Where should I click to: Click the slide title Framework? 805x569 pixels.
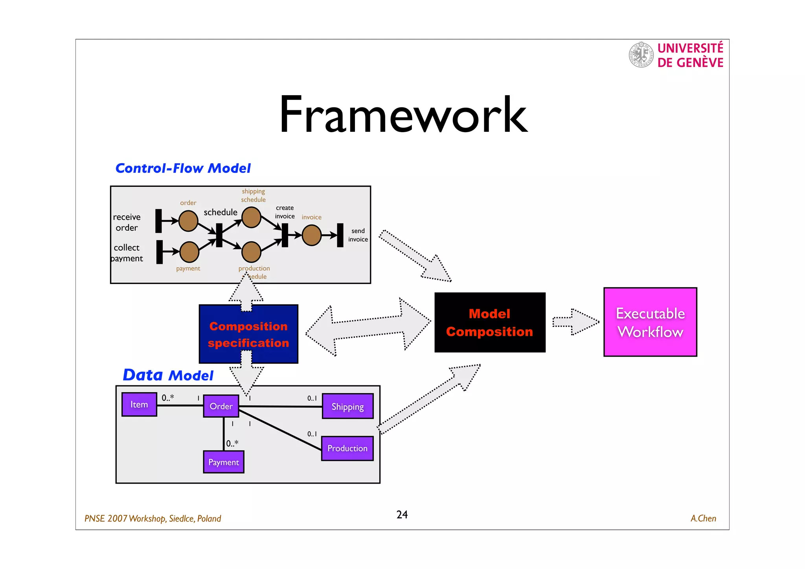403,115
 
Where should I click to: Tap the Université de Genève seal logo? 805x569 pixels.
641,55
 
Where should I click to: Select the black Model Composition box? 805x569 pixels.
490,322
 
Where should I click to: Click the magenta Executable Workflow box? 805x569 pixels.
650,322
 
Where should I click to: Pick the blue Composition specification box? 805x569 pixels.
248,334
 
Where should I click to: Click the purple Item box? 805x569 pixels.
139,404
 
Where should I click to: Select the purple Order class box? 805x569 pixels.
221,406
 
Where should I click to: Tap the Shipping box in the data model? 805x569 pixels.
347,406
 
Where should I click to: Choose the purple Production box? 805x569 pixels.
347,448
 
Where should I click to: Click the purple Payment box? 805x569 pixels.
223,462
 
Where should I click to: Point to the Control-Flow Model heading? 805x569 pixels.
183,168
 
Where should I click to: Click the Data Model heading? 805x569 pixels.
168,375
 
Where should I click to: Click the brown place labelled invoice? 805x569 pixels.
312,235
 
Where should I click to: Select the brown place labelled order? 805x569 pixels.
188,221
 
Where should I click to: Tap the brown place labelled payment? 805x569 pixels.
189,252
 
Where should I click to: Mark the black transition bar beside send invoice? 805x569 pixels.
340,235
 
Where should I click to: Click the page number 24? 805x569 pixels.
402,515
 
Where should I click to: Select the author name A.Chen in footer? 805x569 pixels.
703,518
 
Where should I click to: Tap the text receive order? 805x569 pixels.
127,222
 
